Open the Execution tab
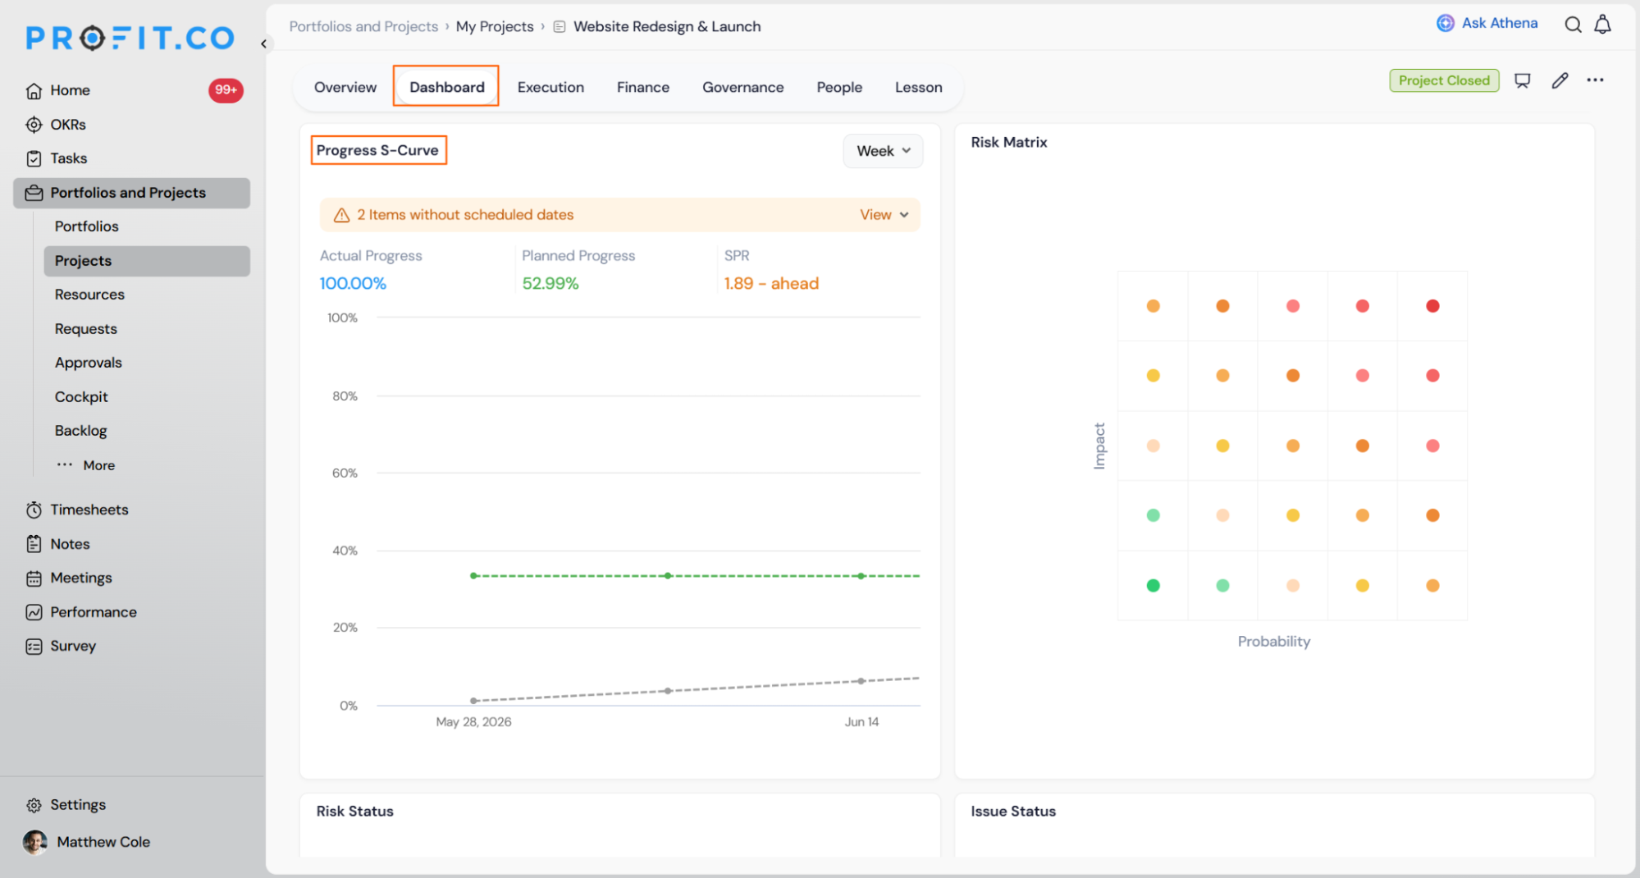[x=550, y=87]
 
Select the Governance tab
[x=742, y=87]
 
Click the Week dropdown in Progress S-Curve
[x=883, y=151]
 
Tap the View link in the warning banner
[x=884, y=215]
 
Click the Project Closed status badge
[x=1444, y=80]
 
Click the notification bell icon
[x=1602, y=25]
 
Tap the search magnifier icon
[x=1573, y=25]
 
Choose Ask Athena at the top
[x=1487, y=23]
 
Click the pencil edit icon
[x=1560, y=80]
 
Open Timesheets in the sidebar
[x=89, y=510]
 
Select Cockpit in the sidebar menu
[x=81, y=397]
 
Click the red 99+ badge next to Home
[x=226, y=90]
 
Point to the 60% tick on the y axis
[x=345, y=473]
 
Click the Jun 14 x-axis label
[x=861, y=722]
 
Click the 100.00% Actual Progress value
[x=353, y=283]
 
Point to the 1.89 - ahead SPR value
[x=771, y=283]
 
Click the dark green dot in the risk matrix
[x=1153, y=585]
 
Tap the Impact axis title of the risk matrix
[x=1099, y=446]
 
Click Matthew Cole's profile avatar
[x=35, y=842]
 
